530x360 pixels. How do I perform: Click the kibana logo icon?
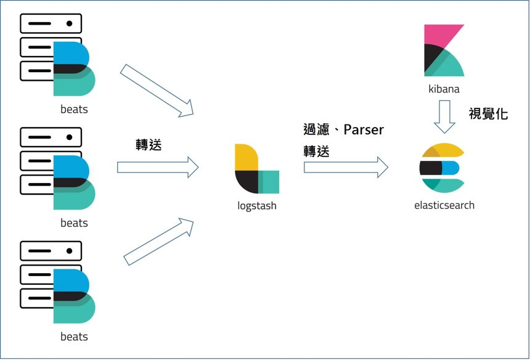click(x=444, y=50)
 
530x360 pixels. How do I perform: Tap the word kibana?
click(x=444, y=89)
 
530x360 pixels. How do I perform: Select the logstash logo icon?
click(x=256, y=169)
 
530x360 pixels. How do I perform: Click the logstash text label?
click(x=257, y=206)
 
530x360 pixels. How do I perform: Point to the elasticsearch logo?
click(x=441, y=167)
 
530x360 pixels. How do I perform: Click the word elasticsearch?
click(x=444, y=205)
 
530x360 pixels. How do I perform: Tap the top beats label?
click(x=74, y=110)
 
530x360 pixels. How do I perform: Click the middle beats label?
click(x=74, y=223)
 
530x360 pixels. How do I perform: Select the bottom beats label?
click(x=74, y=337)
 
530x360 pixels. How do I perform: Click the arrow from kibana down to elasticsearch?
click(x=444, y=117)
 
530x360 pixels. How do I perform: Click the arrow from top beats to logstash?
click(x=157, y=90)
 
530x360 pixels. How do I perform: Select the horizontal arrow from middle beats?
click(x=158, y=166)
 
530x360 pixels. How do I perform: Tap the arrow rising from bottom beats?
click(x=159, y=241)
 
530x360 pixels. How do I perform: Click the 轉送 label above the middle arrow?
click(x=149, y=144)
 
